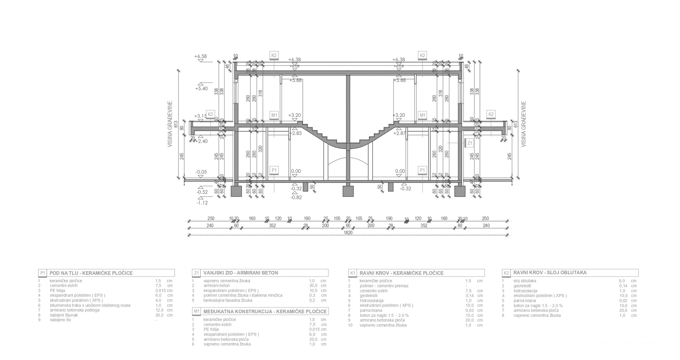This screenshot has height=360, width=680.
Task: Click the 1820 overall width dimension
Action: (348, 233)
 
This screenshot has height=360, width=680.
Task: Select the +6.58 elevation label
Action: (200, 56)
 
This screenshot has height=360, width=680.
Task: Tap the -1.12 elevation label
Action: (202, 203)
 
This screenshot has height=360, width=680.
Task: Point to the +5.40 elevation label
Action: (201, 89)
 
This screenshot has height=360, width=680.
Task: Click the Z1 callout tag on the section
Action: (470, 143)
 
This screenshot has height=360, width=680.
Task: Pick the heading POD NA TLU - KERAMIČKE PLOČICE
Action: (91, 273)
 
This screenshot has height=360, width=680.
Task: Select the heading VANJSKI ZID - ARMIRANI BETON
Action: (240, 273)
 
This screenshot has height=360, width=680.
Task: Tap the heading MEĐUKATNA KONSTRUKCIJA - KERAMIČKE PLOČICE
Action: (265, 311)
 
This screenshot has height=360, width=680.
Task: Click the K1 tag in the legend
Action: (353, 273)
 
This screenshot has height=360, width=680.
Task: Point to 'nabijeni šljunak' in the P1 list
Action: (64, 315)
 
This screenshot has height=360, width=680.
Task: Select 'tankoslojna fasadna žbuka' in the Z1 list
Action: (228, 300)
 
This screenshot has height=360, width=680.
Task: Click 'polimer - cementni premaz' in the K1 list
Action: (384, 286)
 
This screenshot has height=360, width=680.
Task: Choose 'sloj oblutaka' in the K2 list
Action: (525, 281)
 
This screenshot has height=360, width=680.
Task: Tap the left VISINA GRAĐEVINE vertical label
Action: (170, 124)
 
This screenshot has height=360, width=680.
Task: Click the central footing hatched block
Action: (348, 191)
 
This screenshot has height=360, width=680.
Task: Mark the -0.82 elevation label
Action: (296, 197)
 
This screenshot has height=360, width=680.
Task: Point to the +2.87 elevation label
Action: (399, 133)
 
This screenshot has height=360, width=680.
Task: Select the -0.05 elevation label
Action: (201, 172)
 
